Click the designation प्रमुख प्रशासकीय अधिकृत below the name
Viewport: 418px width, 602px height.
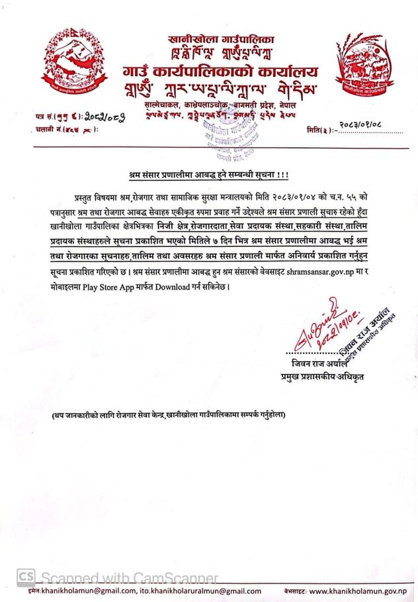click(323, 378)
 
